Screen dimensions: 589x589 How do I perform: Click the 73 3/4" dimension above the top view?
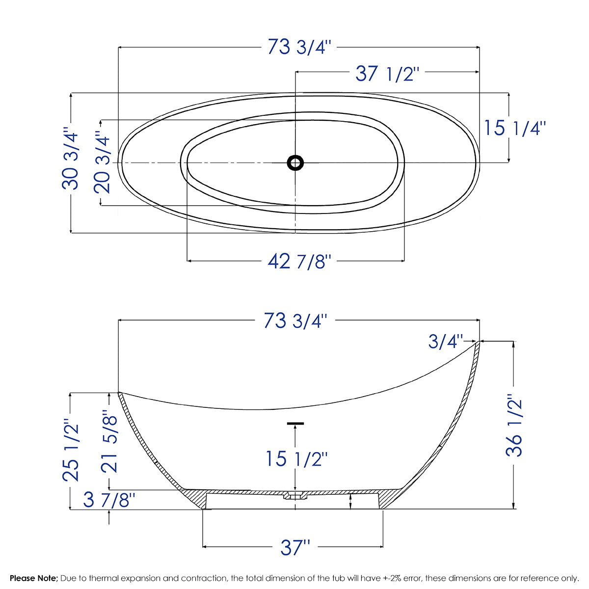pyautogui.click(x=299, y=48)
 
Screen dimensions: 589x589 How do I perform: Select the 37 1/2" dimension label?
pyautogui.click(x=387, y=74)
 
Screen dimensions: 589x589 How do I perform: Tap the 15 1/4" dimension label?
pyautogui.click(x=515, y=128)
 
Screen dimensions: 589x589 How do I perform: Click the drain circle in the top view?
pyautogui.click(x=295, y=162)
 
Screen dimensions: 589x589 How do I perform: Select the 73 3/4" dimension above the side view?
pyautogui.click(x=295, y=321)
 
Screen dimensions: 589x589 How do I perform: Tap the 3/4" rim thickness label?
pyautogui.click(x=445, y=341)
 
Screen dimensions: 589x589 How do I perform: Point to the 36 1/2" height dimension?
pyautogui.click(x=514, y=426)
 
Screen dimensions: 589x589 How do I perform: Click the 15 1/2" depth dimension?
pyautogui.click(x=296, y=459)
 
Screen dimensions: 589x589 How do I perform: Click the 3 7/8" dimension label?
pyautogui.click(x=109, y=501)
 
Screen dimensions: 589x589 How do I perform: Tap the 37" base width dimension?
pyautogui.click(x=295, y=547)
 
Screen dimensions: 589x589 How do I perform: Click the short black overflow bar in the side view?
pyautogui.click(x=295, y=423)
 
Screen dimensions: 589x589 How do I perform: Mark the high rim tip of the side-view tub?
pyautogui.click(x=479, y=342)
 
